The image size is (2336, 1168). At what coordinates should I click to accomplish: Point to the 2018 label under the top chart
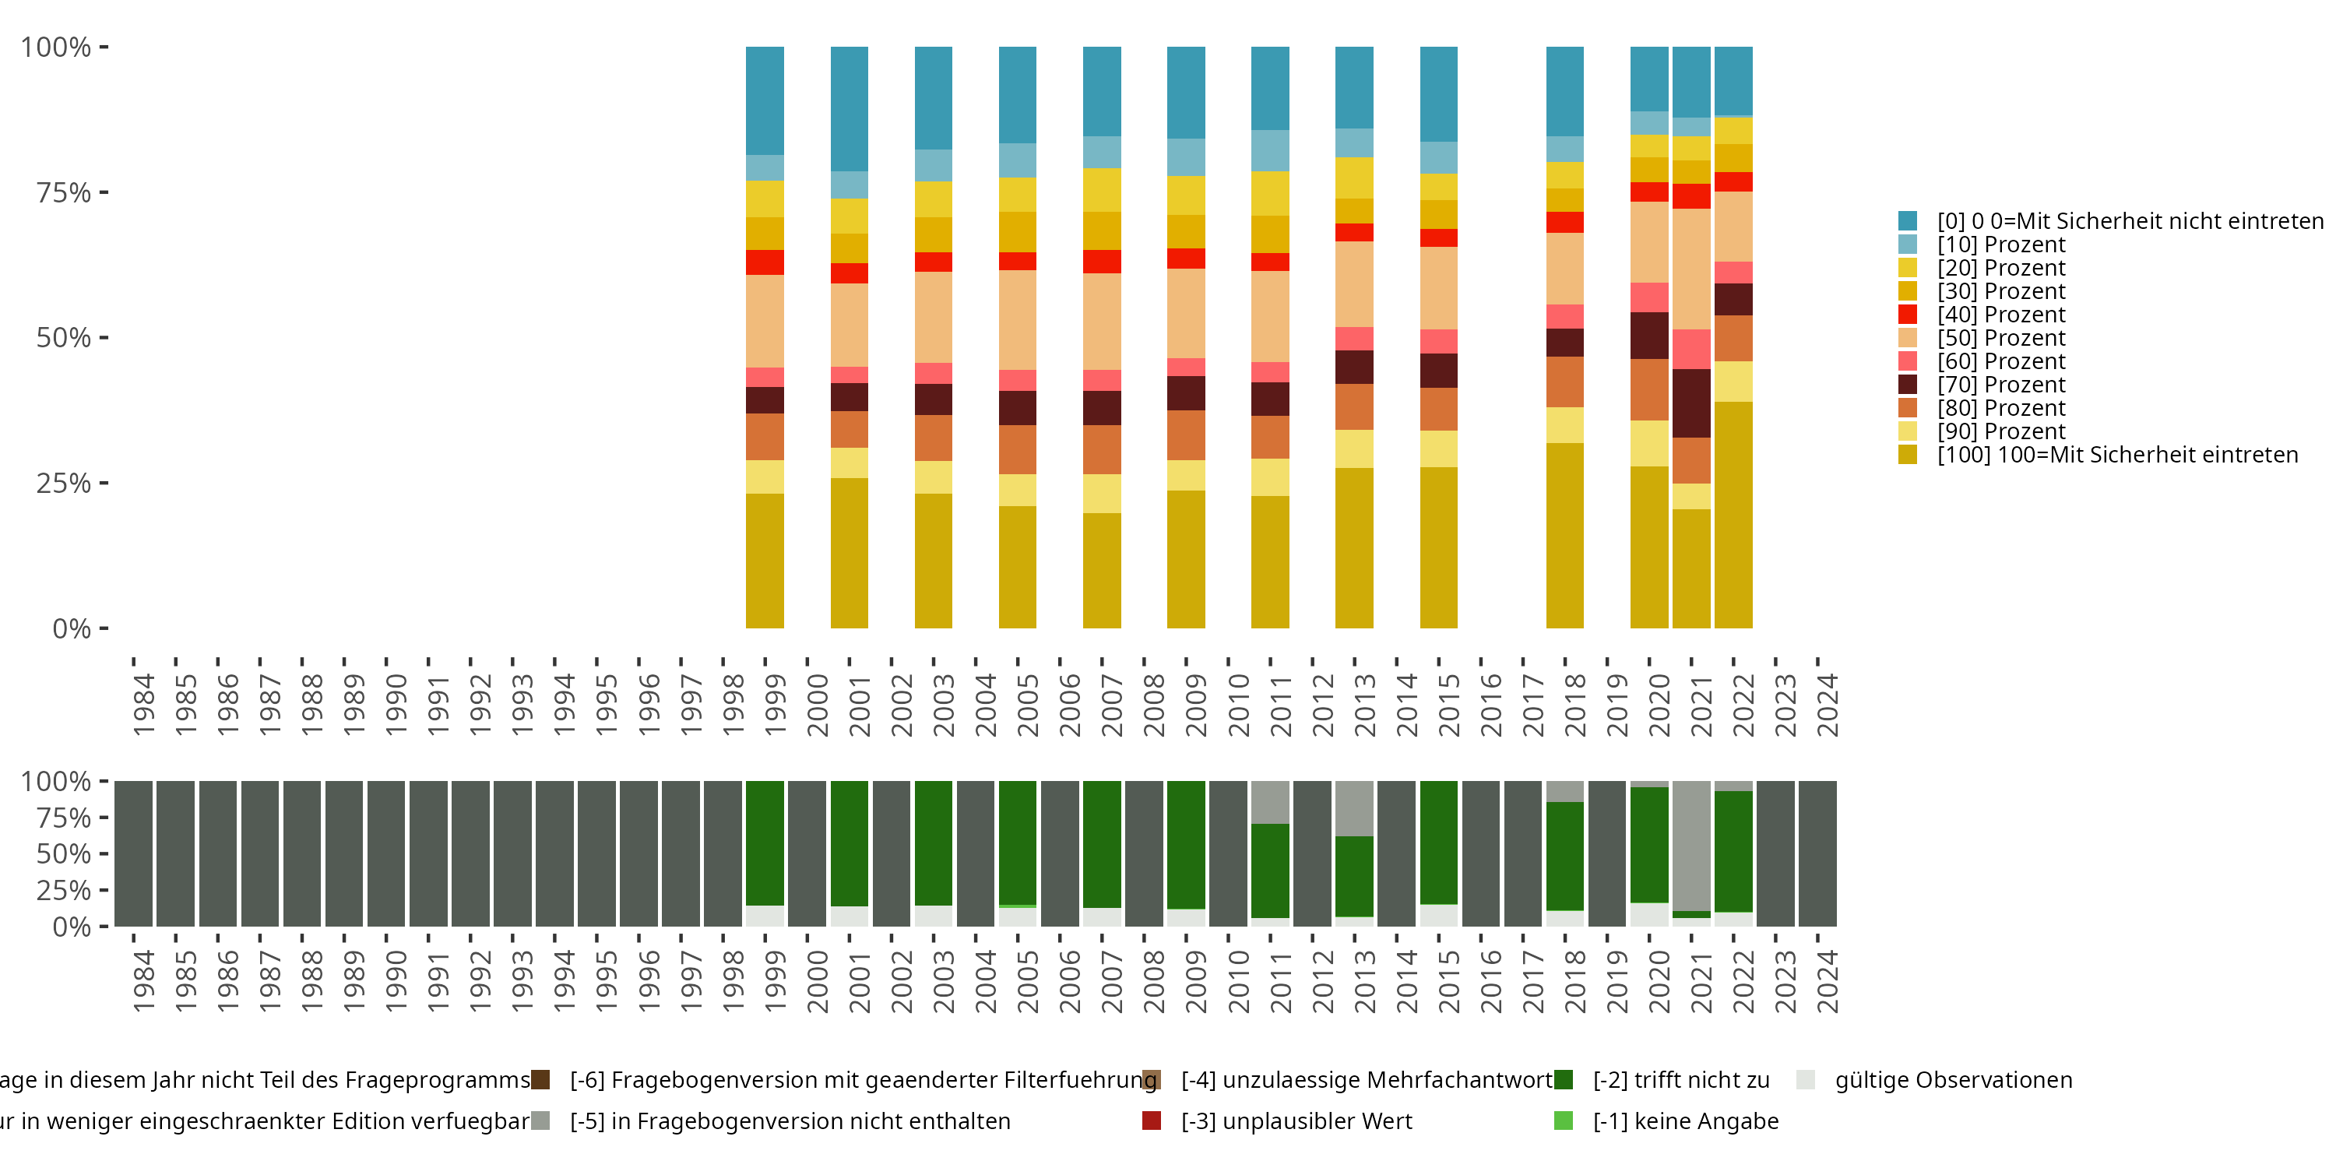(x=1576, y=705)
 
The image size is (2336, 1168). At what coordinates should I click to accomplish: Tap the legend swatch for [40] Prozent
(x=1907, y=315)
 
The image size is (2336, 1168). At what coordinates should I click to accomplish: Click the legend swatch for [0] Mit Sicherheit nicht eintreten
(x=1907, y=220)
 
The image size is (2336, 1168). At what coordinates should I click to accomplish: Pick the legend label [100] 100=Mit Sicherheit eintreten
(x=2116, y=454)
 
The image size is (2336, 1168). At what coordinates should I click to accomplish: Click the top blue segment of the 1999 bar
(x=765, y=100)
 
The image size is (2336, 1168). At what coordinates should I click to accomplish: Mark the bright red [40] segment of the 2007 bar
(x=1102, y=261)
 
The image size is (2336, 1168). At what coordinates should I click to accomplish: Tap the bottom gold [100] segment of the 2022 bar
(x=1733, y=514)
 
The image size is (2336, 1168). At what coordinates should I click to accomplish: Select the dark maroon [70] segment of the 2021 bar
(x=1691, y=403)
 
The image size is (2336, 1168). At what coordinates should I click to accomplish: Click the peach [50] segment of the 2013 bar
(x=1354, y=284)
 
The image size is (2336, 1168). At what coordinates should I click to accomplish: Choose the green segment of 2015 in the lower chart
(x=1438, y=843)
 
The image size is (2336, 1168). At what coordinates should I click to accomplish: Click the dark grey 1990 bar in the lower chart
(x=386, y=853)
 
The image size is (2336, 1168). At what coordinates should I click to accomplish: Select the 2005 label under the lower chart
(x=1027, y=981)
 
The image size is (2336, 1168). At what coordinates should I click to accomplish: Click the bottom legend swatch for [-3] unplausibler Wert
(x=1152, y=1121)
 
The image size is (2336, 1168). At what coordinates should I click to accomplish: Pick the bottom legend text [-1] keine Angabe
(x=1685, y=1121)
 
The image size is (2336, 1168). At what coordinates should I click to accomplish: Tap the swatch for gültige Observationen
(x=1806, y=1079)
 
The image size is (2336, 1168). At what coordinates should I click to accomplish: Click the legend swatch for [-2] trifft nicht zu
(x=1564, y=1079)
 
